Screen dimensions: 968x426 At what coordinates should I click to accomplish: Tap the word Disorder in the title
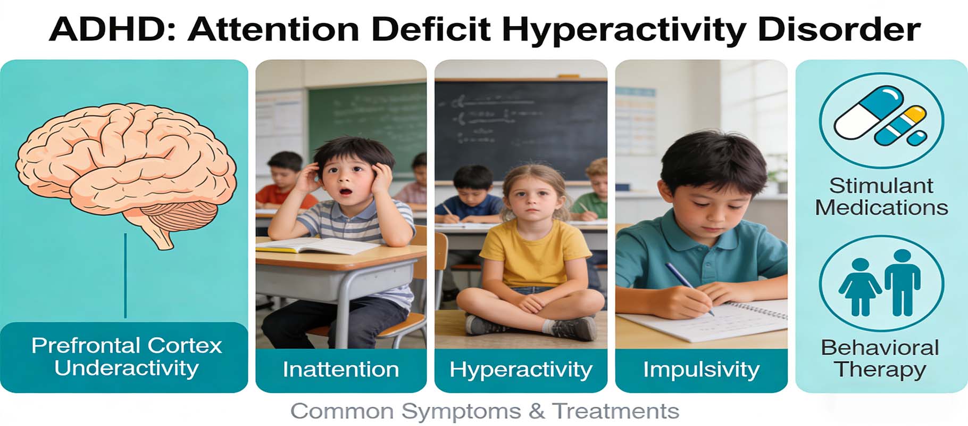839,29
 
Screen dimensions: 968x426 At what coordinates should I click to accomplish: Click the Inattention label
341,369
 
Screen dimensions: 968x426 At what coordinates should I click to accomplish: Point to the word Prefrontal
86,346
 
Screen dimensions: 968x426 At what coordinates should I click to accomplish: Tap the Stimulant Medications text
881,196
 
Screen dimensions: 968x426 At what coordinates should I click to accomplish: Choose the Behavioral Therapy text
880,358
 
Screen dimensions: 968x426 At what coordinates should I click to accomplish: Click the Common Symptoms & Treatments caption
485,412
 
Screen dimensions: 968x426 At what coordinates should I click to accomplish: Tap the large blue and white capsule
869,112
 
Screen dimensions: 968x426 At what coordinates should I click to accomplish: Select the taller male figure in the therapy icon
902,283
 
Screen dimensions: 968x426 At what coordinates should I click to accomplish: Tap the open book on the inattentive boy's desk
318,245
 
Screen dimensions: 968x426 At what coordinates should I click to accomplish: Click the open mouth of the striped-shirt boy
346,192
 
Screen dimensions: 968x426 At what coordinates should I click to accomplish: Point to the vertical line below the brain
126,276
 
